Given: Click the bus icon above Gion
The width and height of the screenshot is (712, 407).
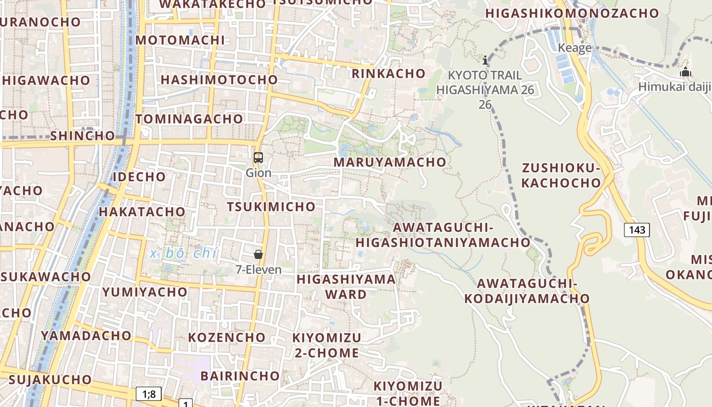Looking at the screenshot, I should (x=258, y=158).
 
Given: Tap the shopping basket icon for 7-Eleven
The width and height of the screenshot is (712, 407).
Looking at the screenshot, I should (x=258, y=254).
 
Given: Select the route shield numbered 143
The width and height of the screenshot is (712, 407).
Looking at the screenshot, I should (x=637, y=230).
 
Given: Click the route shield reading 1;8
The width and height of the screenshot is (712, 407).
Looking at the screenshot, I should (x=149, y=393).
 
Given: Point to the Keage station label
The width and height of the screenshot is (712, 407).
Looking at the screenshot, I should (x=575, y=48).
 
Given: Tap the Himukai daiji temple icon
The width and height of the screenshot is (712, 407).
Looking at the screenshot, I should (x=686, y=72).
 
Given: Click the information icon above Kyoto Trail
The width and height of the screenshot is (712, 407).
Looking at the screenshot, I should (x=485, y=60).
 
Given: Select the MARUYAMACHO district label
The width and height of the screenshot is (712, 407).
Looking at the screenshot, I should (x=390, y=162).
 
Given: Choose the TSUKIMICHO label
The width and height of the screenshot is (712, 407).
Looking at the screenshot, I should (x=271, y=207).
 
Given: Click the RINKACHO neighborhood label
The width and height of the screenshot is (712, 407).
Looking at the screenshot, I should (x=389, y=74).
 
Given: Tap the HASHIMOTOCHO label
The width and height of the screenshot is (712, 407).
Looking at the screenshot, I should (x=219, y=80).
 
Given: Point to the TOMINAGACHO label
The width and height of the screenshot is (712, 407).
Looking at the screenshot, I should (x=189, y=119).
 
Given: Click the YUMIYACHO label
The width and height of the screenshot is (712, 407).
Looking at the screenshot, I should (x=145, y=292).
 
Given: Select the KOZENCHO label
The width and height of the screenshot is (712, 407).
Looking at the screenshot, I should (x=227, y=337).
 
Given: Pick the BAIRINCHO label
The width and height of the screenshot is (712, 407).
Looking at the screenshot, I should (x=240, y=376).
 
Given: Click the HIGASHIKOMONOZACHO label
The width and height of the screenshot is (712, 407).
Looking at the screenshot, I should (x=572, y=14).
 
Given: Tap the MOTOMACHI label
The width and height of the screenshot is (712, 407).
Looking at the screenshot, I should (x=180, y=40).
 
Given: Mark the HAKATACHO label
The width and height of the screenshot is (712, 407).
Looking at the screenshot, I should (x=142, y=212).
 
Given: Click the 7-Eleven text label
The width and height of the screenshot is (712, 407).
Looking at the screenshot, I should (x=258, y=270).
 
